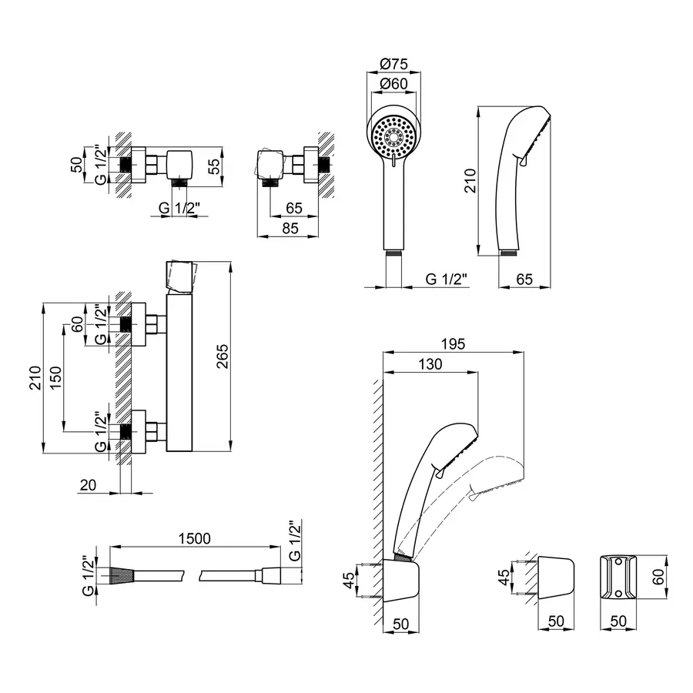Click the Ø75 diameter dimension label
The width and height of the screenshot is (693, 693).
point(393,64)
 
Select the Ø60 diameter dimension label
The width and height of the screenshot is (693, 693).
point(393,83)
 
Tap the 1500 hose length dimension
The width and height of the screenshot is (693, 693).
point(195,538)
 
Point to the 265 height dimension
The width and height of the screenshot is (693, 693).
point(223,357)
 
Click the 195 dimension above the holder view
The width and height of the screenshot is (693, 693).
point(453,343)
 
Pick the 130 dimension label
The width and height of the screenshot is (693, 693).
point(430,363)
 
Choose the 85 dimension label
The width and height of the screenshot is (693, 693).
point(290,228)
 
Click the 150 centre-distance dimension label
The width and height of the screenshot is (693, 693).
point(56,377)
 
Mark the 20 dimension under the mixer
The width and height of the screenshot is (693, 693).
point(88,485)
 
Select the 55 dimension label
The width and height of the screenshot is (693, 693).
point(213,166)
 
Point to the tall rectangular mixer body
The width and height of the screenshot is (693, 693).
point(179,373)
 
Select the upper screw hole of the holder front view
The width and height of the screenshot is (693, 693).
point(619,562)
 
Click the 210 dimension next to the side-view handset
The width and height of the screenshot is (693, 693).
point(470,180)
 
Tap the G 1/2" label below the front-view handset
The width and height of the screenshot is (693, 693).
point(446,279)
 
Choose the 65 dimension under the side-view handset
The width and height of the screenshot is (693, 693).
point(524,279)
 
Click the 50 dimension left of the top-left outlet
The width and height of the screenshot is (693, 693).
point(77,165)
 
